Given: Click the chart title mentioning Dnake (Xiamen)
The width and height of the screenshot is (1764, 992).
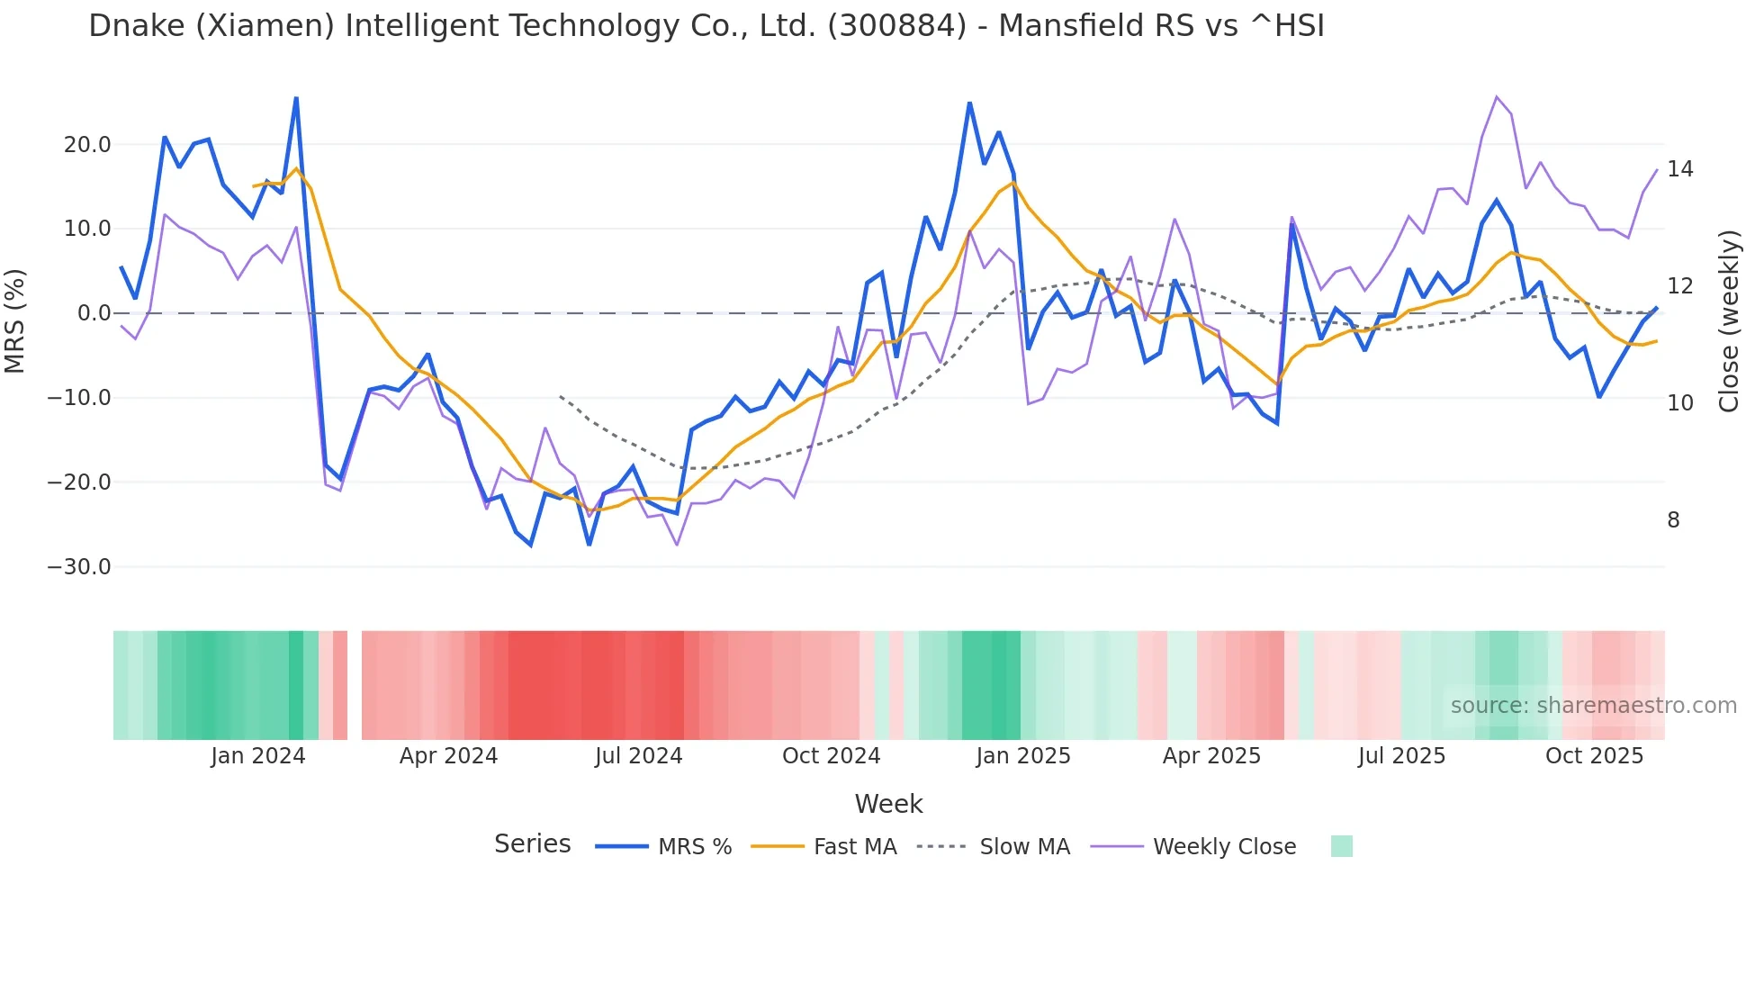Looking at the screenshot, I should [706, 26].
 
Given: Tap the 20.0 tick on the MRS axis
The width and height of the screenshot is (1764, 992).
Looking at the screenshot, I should [87, 145].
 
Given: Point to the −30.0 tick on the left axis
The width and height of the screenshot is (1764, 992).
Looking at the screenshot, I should [79, 567].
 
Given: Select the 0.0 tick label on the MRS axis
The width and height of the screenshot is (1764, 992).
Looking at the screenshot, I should [94, 313].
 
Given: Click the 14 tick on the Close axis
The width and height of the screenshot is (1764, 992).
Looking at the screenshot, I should [1679, 169].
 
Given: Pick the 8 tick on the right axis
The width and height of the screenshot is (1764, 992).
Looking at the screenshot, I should [1673, 520].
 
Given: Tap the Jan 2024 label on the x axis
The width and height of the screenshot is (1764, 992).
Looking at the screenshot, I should [258, 756].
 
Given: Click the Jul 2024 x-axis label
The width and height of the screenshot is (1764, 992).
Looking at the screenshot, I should [639, 756].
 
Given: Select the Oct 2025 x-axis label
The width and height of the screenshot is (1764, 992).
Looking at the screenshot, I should [1594, 756].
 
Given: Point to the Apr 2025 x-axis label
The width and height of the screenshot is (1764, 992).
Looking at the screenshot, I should [1211, 756].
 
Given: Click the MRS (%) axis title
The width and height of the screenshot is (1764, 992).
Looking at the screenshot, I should [15, 321].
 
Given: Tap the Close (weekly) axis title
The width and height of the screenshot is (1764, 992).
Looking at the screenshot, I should [1729, 321].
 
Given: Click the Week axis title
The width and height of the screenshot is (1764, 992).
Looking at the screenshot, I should [888, 804].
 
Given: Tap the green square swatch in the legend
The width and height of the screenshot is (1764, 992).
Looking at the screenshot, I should [1341, 846].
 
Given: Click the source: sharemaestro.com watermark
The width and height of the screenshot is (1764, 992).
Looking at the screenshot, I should [1593, 706].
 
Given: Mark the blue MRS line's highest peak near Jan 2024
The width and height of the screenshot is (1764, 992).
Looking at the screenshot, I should [296, 98].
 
